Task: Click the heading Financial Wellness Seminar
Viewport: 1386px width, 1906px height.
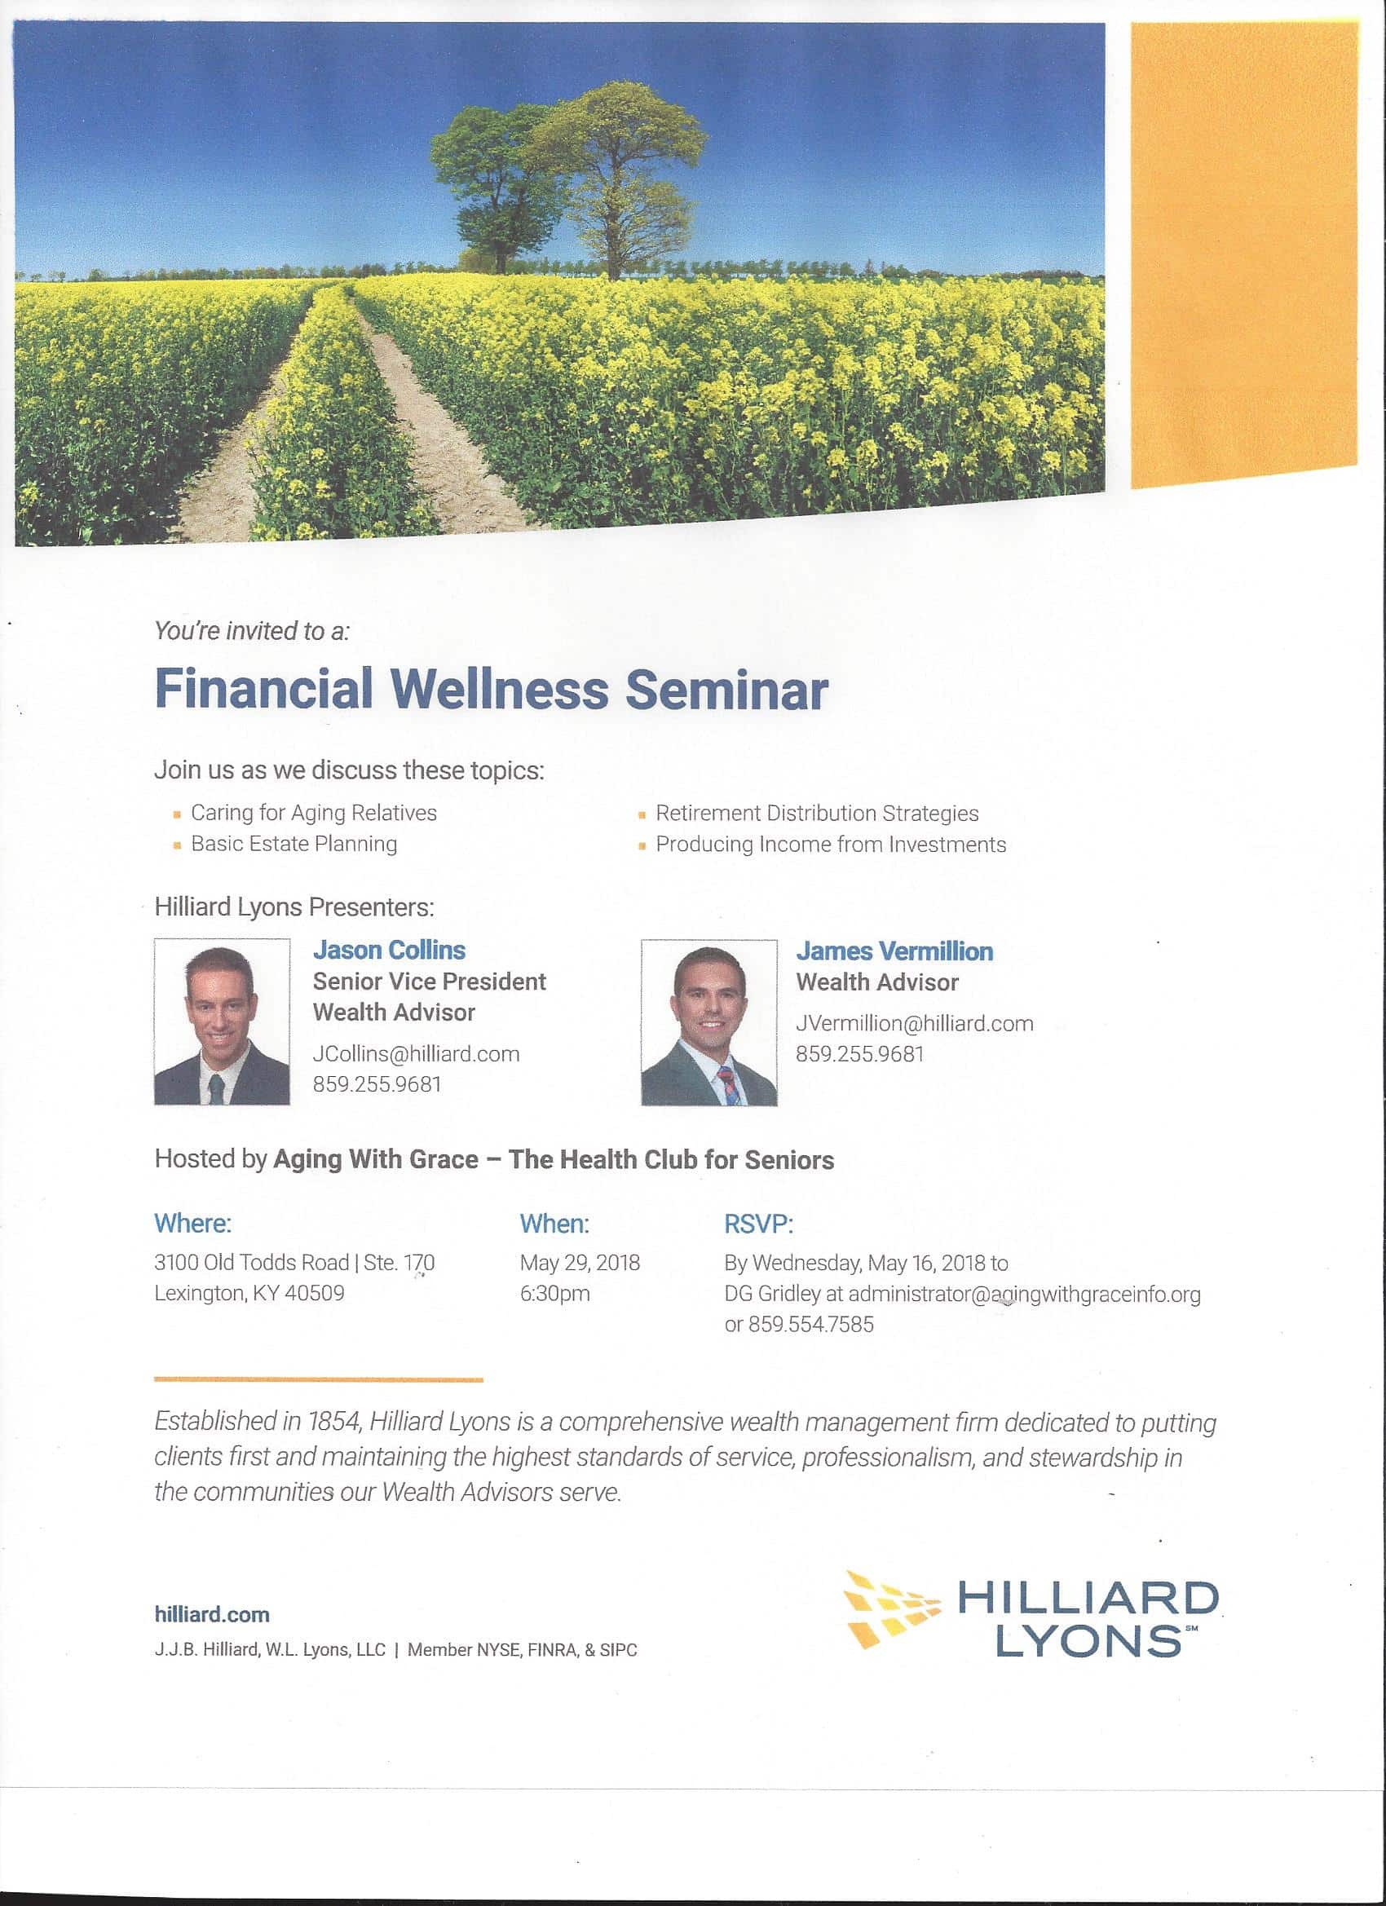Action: click(x=491, y=690)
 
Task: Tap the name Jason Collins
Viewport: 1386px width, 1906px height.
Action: click(x=389, y=951)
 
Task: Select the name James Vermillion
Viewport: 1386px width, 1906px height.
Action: click(x=894, y=951)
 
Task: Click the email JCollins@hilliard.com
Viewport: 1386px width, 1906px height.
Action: click(x=416, y=1054)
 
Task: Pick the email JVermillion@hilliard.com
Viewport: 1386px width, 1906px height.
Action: click(x=915, y=1024)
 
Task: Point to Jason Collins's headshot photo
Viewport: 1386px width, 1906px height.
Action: click(x=222, y=1022)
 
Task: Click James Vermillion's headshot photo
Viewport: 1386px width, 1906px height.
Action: click(x=708, y=1023)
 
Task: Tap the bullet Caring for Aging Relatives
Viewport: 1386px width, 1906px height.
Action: click(x=314, y=814)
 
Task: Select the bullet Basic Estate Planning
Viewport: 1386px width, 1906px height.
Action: click(x=294, y=844)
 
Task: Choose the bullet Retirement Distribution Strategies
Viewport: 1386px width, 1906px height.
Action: click(x=817, y=814)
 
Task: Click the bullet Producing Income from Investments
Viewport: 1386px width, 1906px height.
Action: click(x=831, y=845)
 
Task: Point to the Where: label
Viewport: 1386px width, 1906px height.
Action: click(x=192, y=1224)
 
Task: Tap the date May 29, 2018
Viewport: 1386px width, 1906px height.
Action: click(x=580, y=1263)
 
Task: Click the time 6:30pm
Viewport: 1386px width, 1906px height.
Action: click(x=554, y=1293)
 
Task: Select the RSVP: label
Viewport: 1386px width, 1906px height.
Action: click(x=758, y=1224)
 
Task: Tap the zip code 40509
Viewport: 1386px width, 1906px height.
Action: click(x=315, y=1293)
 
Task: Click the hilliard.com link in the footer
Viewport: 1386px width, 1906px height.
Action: click(x=212, y=1614)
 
